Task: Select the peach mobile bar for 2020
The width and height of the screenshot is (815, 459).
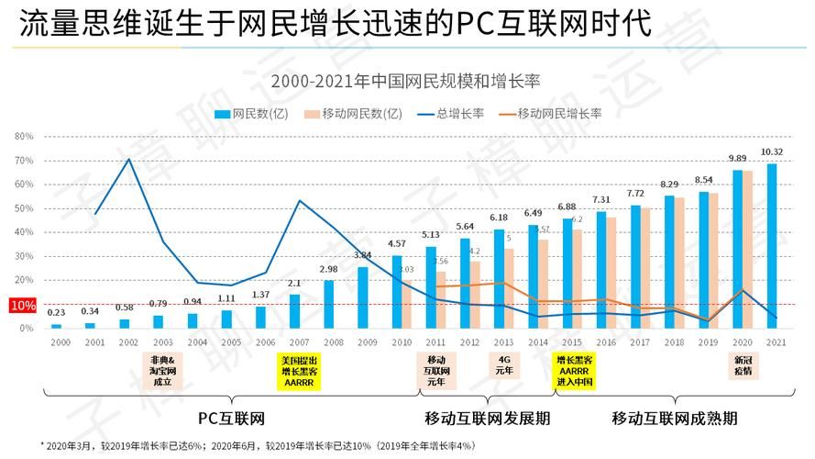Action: click(x=748, y=249)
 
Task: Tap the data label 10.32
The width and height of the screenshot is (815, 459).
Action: click(x=772, y=151)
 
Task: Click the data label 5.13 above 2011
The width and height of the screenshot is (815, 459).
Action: click(x=431, y=235)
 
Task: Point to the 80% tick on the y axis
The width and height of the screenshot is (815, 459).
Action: click(x=25, y=136)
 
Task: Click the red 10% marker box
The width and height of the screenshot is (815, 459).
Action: click(x=23, y=305)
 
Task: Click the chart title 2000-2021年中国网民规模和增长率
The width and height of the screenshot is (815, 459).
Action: click(x=406, y=81)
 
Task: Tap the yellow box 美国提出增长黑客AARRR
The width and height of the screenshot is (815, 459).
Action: click(x=300, y=371)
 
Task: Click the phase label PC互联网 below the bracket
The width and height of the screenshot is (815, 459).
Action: click(x=231, y=418)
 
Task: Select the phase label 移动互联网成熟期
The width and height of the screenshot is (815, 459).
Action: click(x=675, y=418)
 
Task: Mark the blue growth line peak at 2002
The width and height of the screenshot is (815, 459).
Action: click(x=128, y=160)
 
